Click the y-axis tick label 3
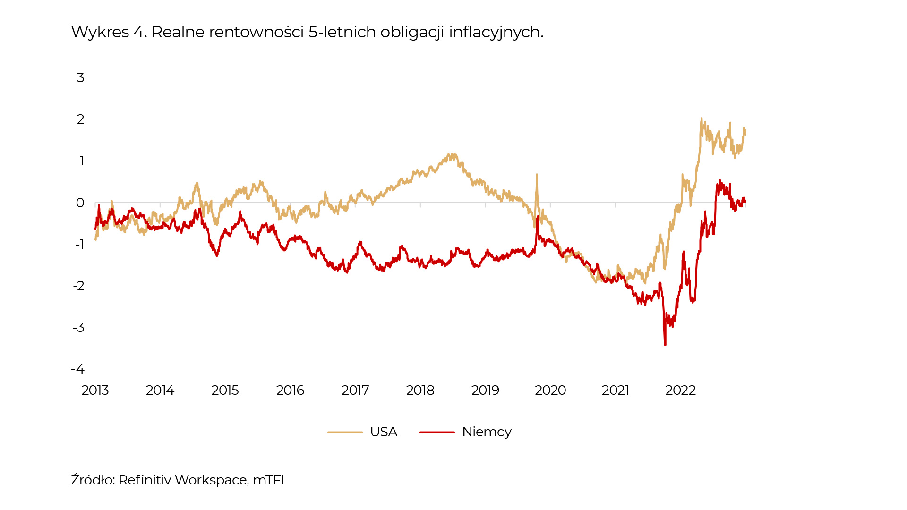[80, 77]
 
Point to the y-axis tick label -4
[78, 369]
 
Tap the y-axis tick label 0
[80, 203]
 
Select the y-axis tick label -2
[78, 286]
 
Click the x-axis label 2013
[95, 391]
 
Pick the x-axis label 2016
[290, 391]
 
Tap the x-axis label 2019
[485, 391]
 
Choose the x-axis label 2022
[680, 391]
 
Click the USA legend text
[384, 432]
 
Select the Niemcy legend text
[487, 432]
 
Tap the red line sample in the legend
[437, 432]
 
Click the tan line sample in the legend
[345, 432]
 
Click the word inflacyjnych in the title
[496, 32]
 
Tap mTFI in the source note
[268, 480]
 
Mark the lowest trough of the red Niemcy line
[665, 345]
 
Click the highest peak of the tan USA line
[701, 119]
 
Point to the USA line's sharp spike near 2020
[537, 175]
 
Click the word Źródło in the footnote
[93, 480]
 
